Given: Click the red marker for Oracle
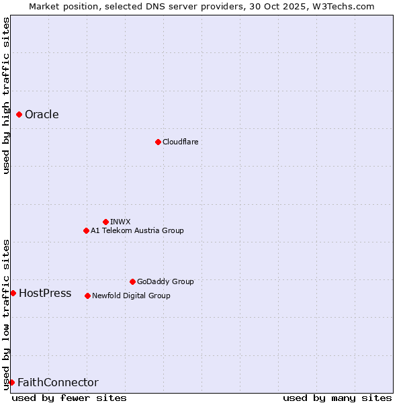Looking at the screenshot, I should pos(19,115).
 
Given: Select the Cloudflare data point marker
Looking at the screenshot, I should pos(158,142).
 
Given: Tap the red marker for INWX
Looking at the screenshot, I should pos(105,222).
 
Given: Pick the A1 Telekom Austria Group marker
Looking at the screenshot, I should pos(86,230).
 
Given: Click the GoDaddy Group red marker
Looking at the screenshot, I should pos(132,281).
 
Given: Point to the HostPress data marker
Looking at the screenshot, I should pos(13,293).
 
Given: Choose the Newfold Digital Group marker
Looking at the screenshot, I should pos(87,296).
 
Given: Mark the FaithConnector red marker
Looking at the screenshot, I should pos(11,382).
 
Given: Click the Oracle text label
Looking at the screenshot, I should pos(42,115).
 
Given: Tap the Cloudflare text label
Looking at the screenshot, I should pos(180,142).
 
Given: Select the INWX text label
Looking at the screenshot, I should pos(120,222).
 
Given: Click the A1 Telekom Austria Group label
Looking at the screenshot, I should pos(137,230).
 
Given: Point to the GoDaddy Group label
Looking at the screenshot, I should pos(165,281).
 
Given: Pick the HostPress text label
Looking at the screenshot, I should pos(45,293).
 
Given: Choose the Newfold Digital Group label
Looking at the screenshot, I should pos(131,296).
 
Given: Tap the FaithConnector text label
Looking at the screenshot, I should pos(58,382).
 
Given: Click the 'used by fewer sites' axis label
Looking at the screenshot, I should pos(69,398).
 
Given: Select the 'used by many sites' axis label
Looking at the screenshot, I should pos(337,398).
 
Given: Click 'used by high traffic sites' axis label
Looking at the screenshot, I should pos(6,95).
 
